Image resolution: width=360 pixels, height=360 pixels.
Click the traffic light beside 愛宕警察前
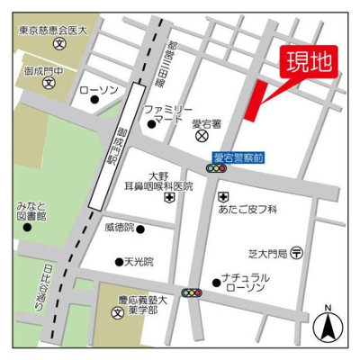tap(217, 168)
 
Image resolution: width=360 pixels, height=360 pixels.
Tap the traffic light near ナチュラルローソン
tap(192, 292)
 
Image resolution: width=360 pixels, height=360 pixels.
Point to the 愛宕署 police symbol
tap(203, 137)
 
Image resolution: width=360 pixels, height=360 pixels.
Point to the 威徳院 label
tap(118, 228)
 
